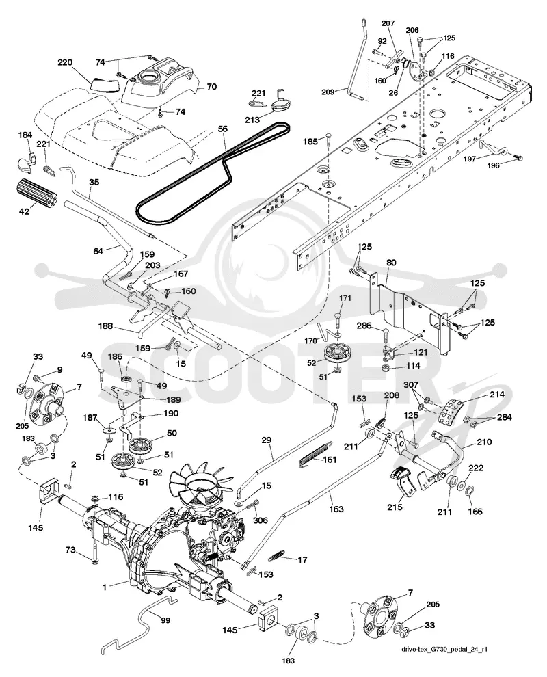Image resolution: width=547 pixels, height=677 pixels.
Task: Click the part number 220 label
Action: (65, 63)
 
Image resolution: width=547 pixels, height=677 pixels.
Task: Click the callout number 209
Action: (328, 92)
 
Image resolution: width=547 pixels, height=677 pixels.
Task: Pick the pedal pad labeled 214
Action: (451, 412)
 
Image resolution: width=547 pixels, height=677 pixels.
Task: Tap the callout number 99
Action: (165, 620)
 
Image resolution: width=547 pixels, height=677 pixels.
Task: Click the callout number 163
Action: (336, 509)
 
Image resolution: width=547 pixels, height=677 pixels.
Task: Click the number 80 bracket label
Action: (392, 263)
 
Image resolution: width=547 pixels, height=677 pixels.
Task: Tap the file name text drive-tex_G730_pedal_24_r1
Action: (447, 649)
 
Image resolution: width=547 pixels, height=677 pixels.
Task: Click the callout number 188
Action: (105, 326)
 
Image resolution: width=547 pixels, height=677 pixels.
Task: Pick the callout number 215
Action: (395, 507)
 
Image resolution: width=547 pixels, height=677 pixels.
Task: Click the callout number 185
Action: (310, 141)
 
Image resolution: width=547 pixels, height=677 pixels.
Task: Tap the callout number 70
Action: (211, 86)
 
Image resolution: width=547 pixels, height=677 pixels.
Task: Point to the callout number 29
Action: (267, 440)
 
